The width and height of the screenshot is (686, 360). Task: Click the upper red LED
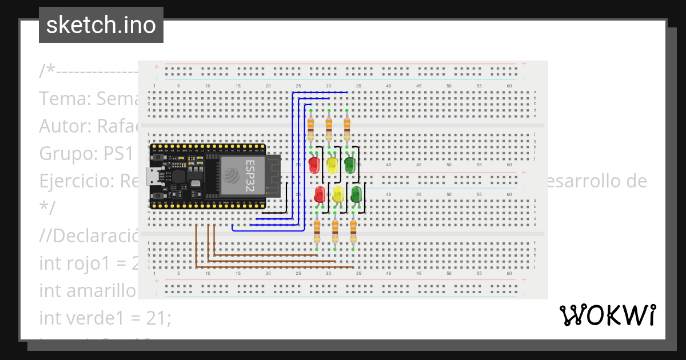tap(314, 165)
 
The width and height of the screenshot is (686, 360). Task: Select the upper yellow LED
tap(332, 165)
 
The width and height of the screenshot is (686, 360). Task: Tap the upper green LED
tap(350, 165)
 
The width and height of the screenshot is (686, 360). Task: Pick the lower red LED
tap(320, 194)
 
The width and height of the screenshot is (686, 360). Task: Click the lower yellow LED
tap(338, 194)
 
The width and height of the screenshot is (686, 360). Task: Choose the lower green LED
tap(356, 194)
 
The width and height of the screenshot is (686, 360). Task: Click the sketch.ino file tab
tap(101, 25)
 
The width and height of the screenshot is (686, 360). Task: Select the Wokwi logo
tap(607, 315)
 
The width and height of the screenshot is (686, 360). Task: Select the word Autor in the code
tap(63, 126)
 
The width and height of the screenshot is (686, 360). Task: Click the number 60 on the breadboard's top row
tap(509, 86)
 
